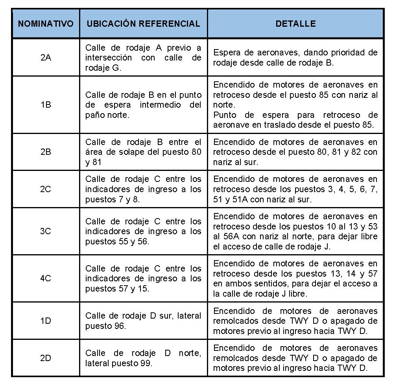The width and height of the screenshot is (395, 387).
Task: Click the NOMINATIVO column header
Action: (46, 24)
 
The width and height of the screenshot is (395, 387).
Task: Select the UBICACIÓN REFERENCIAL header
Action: (143, 24)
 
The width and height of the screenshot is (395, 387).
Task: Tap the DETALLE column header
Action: (295, 24)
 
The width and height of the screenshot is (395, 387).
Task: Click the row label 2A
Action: (46, 57)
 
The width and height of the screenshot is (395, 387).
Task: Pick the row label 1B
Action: (46, 105)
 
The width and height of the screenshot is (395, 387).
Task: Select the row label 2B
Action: (46, 152)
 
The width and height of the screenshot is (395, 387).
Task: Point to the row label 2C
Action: (46, 189)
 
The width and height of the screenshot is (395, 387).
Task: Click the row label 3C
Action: (46, 231)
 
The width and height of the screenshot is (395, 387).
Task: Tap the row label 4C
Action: (46, 278)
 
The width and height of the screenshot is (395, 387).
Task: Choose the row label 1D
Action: (46, 321)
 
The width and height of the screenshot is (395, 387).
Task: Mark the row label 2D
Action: (46, 358)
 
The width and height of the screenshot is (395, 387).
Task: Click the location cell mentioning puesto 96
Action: (143, 321)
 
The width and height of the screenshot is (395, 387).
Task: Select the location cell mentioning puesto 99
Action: (143, 358)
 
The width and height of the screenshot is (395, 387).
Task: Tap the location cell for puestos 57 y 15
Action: (143, 278)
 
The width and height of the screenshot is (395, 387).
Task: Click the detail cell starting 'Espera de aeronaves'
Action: (295, 57)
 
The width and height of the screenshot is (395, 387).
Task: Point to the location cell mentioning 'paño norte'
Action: (143, 105)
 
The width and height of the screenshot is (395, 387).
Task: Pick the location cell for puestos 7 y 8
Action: (143, 189)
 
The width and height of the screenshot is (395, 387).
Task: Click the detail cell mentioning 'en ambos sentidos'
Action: (295, 278)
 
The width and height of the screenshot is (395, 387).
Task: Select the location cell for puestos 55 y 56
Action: (143, 231)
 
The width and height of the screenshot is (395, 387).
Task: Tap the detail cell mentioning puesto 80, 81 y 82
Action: (295, 152)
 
